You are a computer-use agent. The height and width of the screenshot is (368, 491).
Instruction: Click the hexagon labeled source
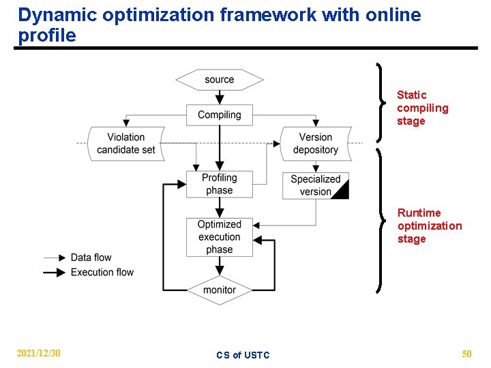click(220, 80)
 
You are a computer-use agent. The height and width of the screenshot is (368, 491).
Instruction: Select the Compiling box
click(220, 114)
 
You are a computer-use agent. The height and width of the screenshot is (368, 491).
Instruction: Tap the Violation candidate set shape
click(126, 143)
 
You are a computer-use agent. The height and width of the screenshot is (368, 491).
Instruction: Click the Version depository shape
click(315, 143)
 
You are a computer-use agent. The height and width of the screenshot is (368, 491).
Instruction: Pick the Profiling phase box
click(220, 184)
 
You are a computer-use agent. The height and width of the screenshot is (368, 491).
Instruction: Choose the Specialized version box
click(315, 185)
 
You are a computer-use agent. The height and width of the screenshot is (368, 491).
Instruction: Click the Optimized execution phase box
click(220, 237)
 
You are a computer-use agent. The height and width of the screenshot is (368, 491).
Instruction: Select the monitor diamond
click(220, 290)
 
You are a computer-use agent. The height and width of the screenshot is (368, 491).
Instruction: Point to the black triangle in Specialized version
click(342, 191)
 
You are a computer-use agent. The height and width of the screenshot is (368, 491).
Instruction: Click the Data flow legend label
click(91, 258)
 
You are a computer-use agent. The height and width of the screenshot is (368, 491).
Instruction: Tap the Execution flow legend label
click(102, 272)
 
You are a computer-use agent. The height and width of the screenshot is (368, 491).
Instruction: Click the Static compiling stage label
click(422, 108)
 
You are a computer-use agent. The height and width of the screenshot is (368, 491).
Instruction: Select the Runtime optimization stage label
click(429, 226)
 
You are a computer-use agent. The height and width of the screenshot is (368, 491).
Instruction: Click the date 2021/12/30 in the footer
click(39, 353)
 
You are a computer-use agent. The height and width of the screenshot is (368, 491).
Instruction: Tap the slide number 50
click(466, 353)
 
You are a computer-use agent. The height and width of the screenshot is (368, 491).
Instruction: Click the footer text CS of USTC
click(243, 355)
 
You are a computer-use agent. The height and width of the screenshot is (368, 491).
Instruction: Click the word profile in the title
click(47, 35)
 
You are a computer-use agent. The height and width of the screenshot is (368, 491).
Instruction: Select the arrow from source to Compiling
click(220, 97)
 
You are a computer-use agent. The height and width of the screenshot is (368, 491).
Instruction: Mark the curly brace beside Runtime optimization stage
click(381, 219)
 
